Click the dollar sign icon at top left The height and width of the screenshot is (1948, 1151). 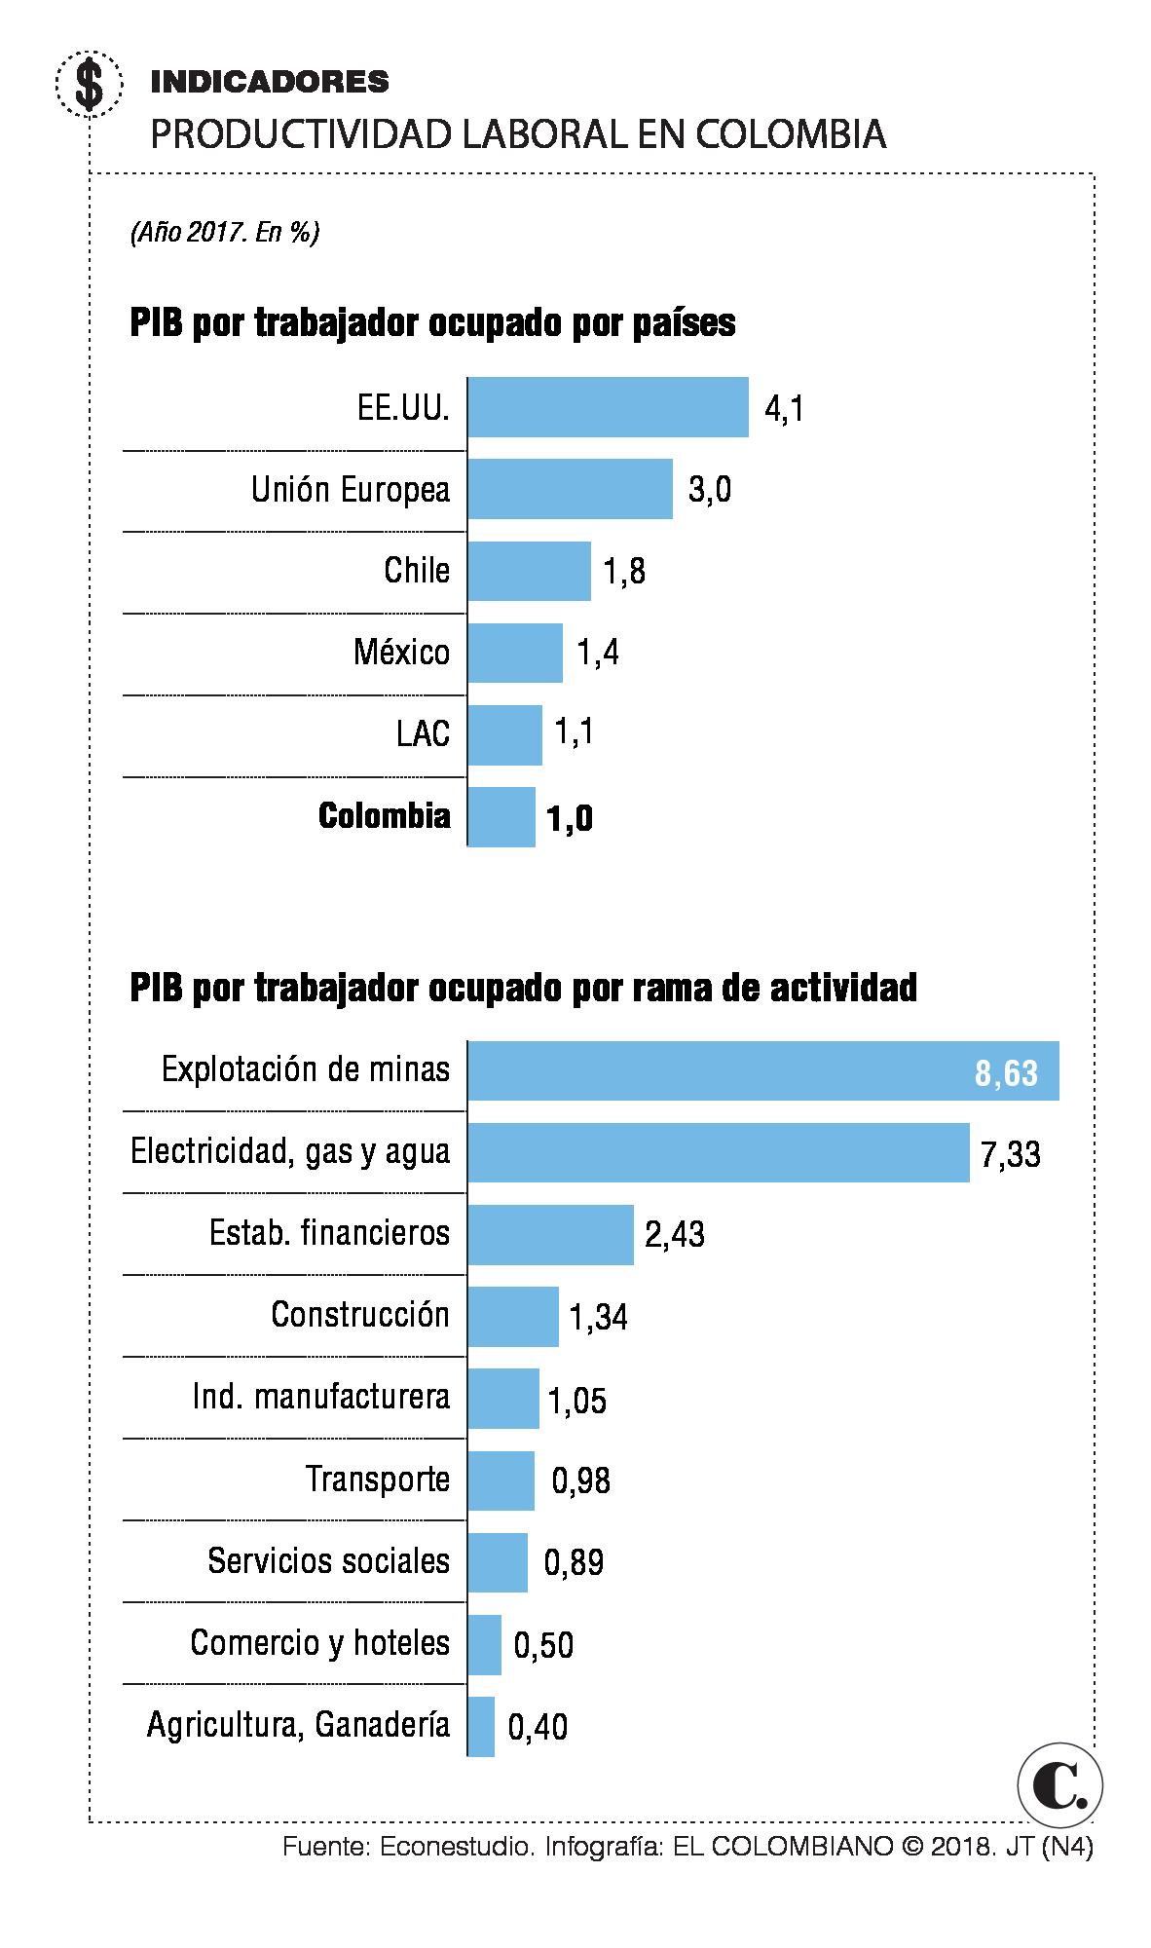click(x=90, y=84)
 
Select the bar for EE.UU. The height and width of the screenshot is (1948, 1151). click(x=608, y=407)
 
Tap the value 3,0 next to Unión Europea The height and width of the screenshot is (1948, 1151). click(x=710, y=490)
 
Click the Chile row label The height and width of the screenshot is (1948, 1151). click(x=417, y=571)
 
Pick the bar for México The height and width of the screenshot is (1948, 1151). click(x=514, y=653)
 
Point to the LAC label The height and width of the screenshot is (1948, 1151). click(x=424, y=733)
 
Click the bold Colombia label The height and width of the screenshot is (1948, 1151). click(x=385, y=816)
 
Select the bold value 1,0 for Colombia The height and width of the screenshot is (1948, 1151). click(x=570, y=819)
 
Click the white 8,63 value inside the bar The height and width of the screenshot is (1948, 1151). click(x=1006, y=1074)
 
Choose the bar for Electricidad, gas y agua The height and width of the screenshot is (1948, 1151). click(x=718, y=1153)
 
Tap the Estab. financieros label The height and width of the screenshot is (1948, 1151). click(x=329, y=1234)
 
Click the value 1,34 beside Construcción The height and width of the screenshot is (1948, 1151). click(x=598, y=1318)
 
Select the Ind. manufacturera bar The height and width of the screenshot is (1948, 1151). click(x=502, y=1399)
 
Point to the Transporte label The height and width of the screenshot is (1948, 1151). click(x=378, y=1480)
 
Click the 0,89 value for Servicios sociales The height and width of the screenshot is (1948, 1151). click(x=574, y=1563)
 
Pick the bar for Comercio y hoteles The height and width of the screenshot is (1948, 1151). click(x=484, y=1645)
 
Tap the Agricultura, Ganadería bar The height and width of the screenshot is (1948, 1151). click(x=481, y=1727)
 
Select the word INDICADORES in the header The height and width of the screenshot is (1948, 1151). click(x=270, y=83)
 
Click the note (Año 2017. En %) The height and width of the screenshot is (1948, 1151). click(x=224, y=234)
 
